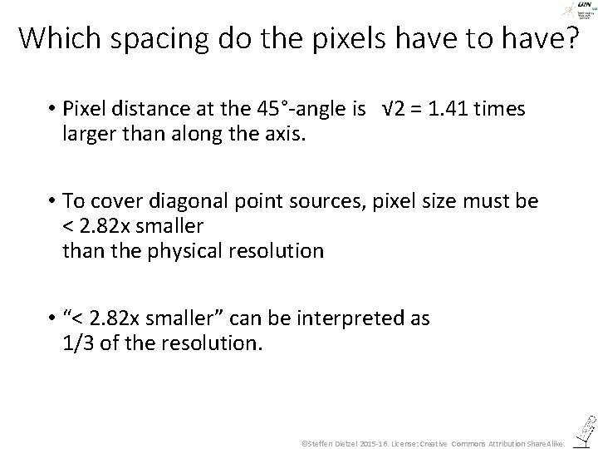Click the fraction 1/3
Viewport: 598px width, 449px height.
79,343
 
